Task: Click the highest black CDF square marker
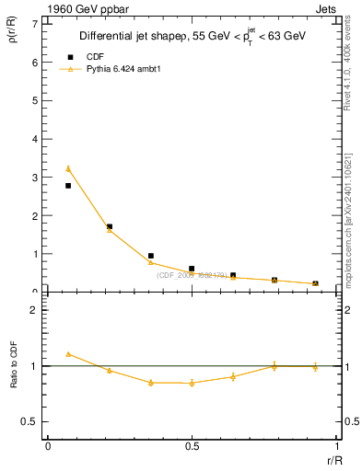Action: pos(68,186)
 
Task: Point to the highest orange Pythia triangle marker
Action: pos(68,168)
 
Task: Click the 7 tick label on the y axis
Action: pos(35,24)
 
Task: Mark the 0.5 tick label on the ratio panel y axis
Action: pos(32,421)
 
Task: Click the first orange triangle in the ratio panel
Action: pos(68,353)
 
